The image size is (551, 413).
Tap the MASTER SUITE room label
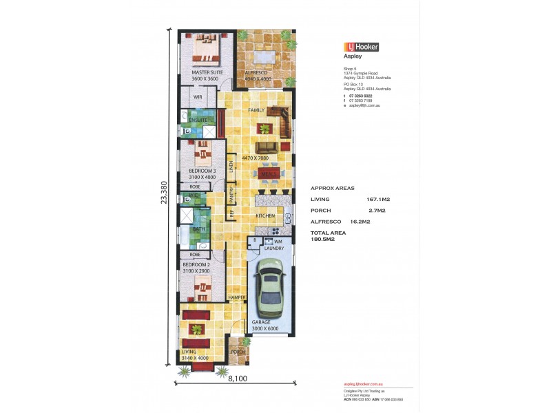tap(205, 72)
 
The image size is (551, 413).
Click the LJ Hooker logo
tap(360, 47)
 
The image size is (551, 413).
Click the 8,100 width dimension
tap(236, 379)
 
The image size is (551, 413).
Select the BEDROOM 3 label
tap(202, 171)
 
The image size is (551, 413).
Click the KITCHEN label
tap(266, 216)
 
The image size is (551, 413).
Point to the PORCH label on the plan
tap(238, 352)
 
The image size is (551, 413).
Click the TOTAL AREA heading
tap(328, 233)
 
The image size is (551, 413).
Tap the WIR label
tap(198, 98)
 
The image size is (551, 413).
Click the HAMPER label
tap(238, 297)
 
